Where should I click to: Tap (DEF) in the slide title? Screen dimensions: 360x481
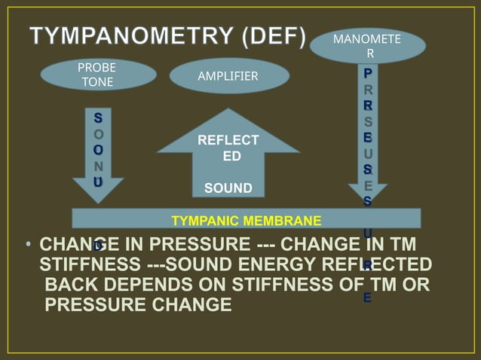[x=271, y=36]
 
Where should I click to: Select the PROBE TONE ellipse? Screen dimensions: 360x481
[x=97, y=75]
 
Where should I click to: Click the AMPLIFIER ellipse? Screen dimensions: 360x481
[x=228, y=76]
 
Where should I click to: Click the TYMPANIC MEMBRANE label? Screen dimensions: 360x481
[x=247, y=221]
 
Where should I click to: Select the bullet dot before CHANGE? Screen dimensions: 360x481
[x=27, y=244]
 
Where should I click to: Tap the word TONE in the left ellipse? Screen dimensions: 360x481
[x=97, y=82]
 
